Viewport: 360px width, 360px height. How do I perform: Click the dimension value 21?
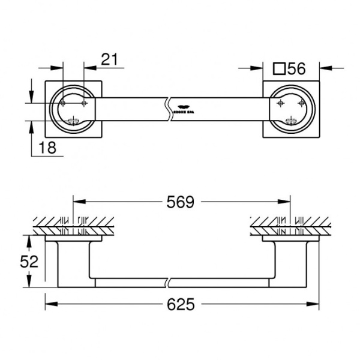tap(109, 59)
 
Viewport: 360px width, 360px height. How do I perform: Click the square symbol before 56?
tap(278, 68)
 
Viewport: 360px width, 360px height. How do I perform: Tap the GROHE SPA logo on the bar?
tap(181, 110)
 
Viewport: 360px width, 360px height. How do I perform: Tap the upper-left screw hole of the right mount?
tap(279, 103)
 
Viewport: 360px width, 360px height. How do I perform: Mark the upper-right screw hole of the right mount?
tap(299, 103)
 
